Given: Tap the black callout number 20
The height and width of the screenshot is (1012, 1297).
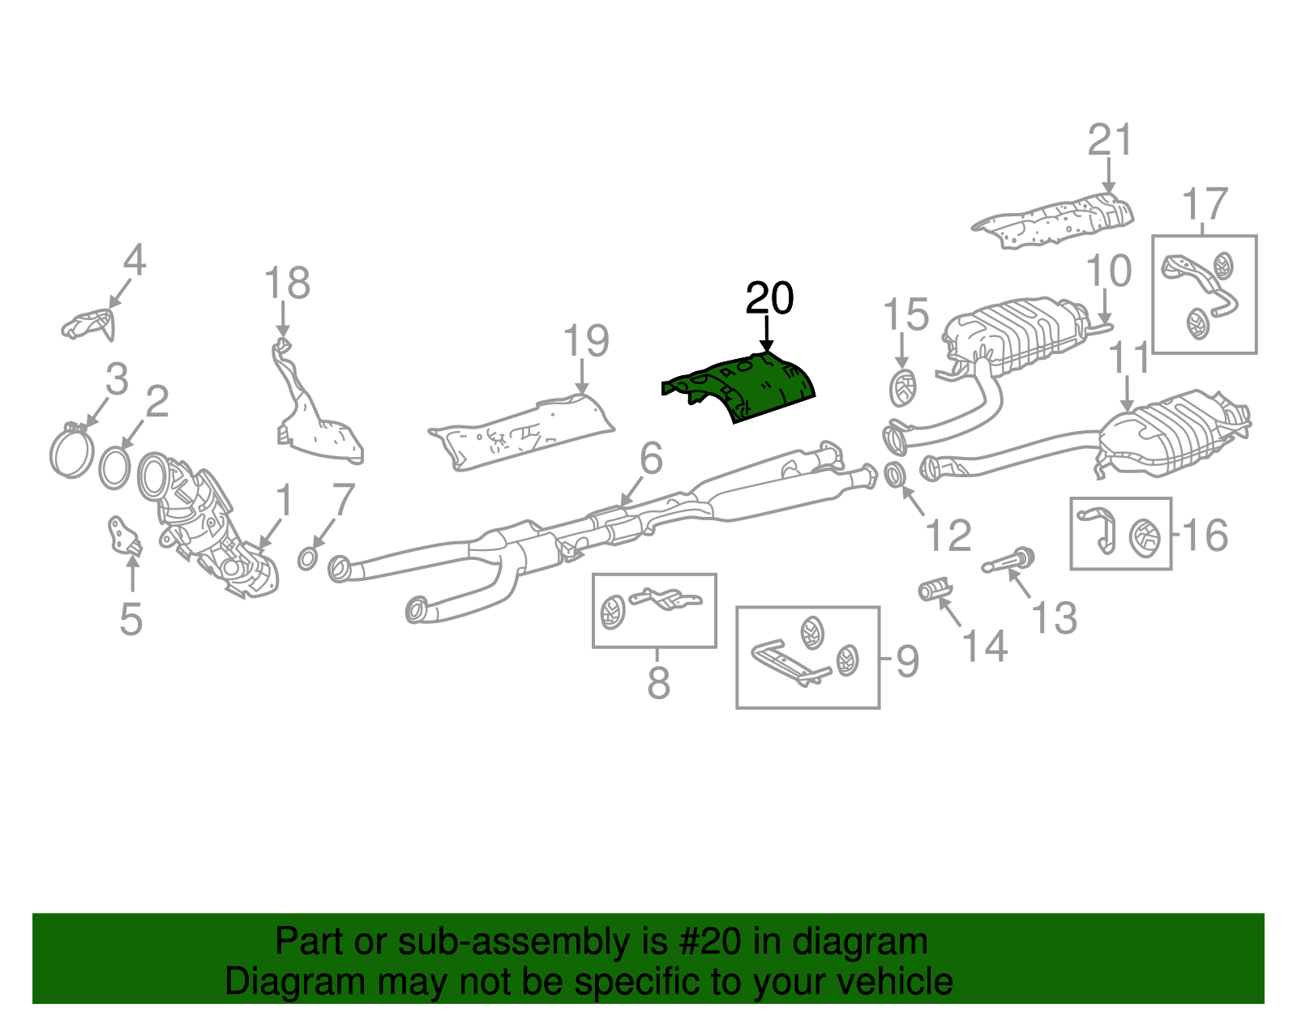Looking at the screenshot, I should point(769,299).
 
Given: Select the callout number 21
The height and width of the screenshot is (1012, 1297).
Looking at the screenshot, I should point(1109,140).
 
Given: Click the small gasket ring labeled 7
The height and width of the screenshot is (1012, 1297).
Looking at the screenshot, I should point(308,557).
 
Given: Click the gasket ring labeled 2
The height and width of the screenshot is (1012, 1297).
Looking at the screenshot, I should point(115,468).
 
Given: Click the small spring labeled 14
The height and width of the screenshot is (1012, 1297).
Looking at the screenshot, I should point(933,589).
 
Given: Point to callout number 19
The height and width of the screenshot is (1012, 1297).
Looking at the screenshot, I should point(585,341).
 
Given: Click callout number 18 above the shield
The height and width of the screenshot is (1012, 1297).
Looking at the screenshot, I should point(287,284).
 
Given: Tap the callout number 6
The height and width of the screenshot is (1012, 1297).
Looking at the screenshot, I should point(651,459).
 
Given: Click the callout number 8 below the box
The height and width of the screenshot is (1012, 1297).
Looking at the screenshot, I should point(658,682).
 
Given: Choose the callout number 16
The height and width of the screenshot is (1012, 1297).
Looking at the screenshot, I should point(1205,536).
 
